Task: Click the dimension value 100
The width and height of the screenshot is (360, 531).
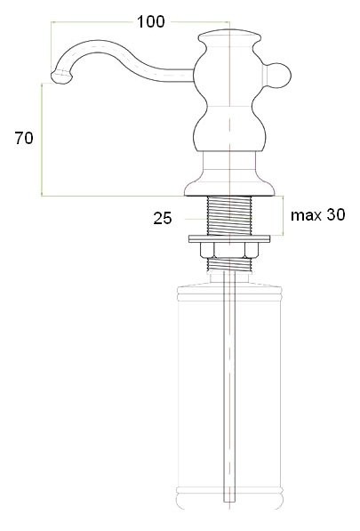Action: [150, 21]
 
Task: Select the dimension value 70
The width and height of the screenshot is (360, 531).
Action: [25, 138]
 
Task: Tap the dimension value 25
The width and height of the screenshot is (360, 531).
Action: [162, 216]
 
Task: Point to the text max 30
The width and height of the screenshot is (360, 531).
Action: [316, 214]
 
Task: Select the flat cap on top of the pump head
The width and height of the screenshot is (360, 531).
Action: [229, 36]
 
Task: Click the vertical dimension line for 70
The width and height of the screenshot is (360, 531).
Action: [42, 138]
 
